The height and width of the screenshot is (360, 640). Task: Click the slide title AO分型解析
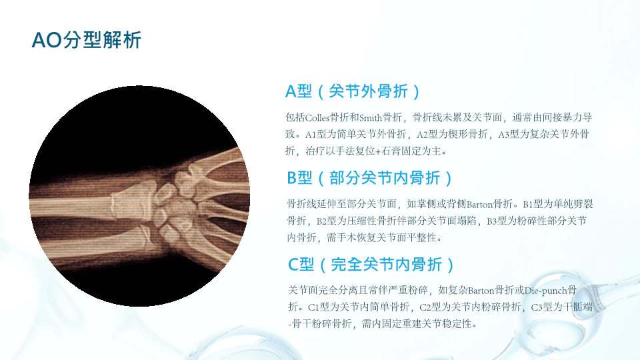coord(87,40)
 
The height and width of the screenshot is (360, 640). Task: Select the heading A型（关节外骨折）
coord(353,91)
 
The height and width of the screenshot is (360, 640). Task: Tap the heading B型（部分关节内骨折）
coord(370,178)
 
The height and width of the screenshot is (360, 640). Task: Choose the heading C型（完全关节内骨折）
coord(371,265)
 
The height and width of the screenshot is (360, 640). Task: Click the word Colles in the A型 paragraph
coord(317,118)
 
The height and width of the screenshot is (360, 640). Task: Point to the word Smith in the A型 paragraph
coord(370,118)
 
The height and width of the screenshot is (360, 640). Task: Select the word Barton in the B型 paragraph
coord(479,204)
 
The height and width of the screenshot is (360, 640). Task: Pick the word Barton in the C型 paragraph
coord(481,291)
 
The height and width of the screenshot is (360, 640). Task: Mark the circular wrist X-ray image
coord(139,196)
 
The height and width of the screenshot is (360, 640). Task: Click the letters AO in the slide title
coord(47,41)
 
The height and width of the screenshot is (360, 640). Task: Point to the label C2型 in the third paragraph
coord(430,307)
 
